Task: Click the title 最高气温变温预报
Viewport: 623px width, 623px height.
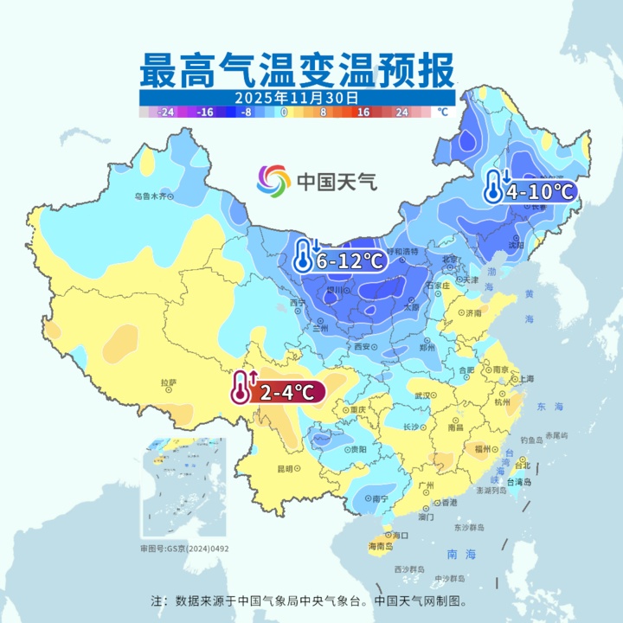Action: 296,68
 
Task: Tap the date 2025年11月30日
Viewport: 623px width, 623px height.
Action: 296,98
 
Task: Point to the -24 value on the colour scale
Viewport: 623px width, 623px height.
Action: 166,112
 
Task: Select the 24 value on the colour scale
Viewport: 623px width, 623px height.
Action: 401,112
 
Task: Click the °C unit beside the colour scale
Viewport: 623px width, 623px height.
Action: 442,112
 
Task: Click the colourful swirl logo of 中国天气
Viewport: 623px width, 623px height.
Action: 273,181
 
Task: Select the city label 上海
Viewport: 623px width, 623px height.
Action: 524,379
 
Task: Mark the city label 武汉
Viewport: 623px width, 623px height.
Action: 422,395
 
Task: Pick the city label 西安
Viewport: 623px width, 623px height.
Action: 362,346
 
